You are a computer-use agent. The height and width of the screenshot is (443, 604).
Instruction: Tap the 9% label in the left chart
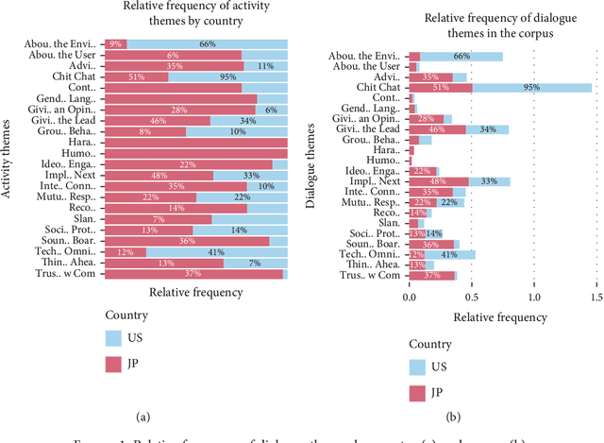point(114,43)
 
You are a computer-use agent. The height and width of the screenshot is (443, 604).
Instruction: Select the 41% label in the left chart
point(215,252)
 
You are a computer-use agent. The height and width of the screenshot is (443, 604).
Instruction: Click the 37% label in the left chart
point(193,274)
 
